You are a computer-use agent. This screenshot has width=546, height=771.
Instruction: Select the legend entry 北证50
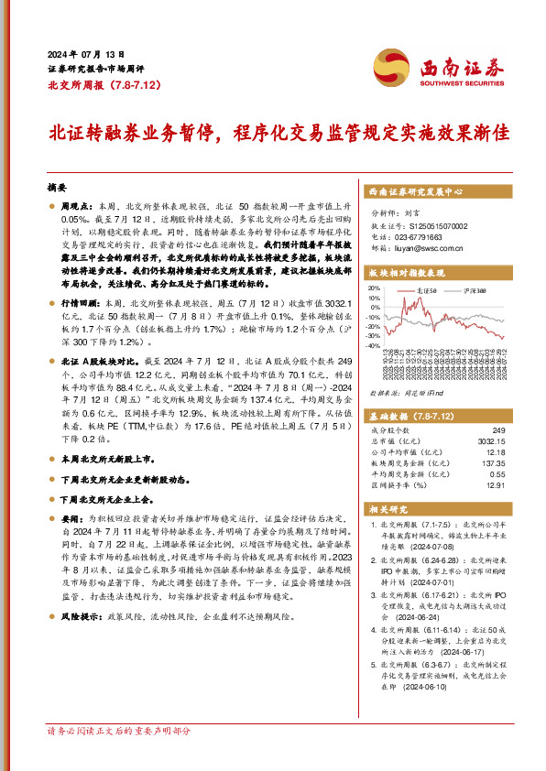click(421, 288)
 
